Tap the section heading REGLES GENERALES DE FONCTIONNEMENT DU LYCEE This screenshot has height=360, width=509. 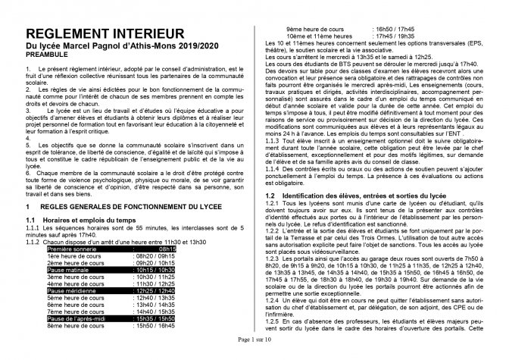pyautogui.click(x=139, y=206)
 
